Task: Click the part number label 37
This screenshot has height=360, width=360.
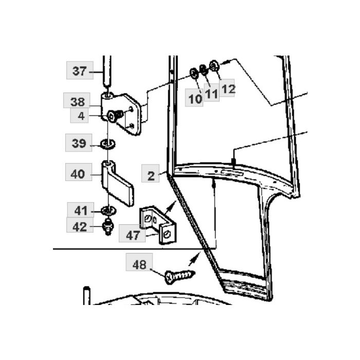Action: [79, 70]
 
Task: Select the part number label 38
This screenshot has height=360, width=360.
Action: [77, 101]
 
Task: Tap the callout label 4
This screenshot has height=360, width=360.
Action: [81, 116]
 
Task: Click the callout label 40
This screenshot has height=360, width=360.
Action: [78, 174]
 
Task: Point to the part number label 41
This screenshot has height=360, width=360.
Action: [80, 210]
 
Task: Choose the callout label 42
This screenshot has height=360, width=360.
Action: [80, 226]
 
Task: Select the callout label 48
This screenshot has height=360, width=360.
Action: [139, 264]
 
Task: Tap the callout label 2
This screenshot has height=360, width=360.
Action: [151, 176]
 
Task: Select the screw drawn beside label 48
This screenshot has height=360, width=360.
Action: [179, 276]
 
